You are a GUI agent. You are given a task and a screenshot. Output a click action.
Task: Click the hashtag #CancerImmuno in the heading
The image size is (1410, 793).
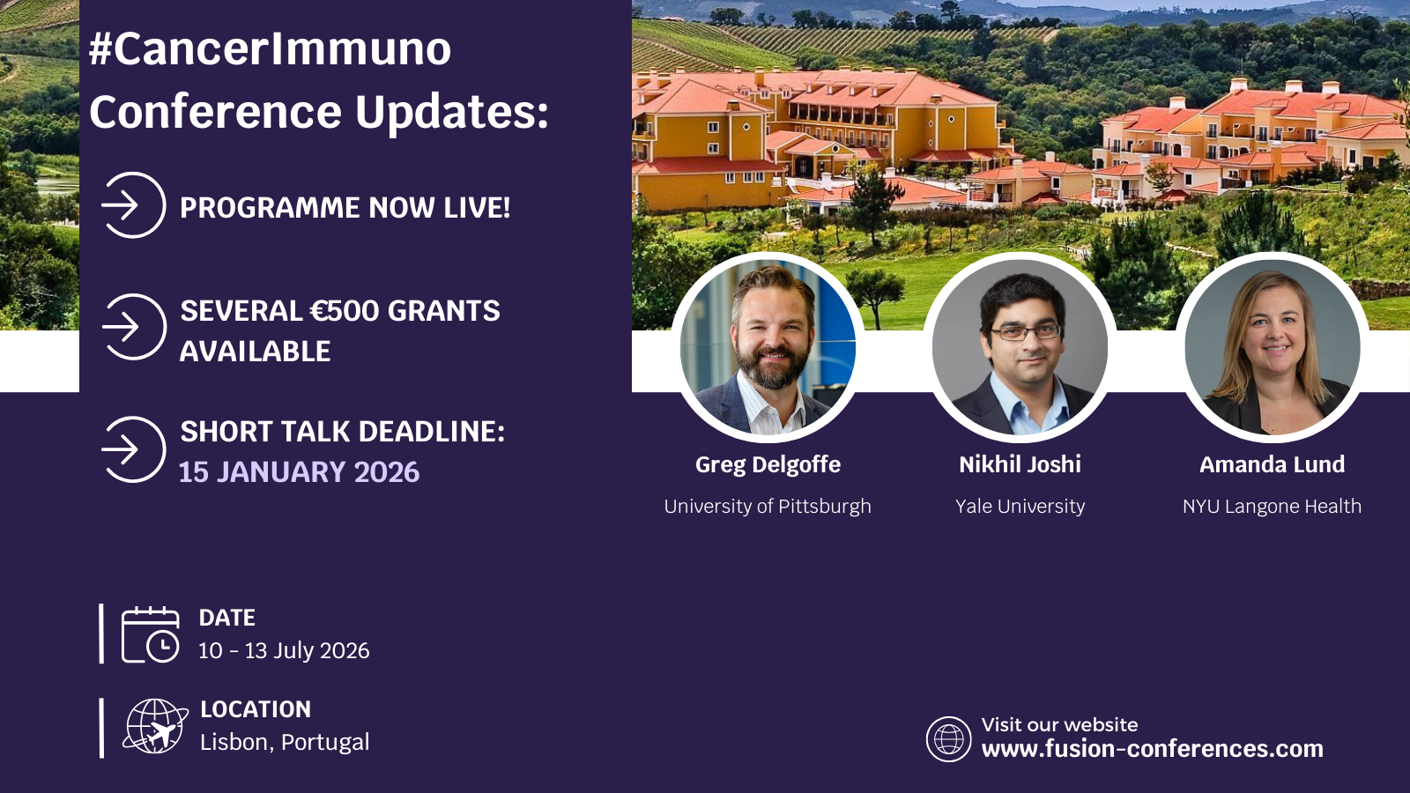pos(270,49)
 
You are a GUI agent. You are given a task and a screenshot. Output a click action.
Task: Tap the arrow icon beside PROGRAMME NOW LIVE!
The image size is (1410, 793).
pos(133,205)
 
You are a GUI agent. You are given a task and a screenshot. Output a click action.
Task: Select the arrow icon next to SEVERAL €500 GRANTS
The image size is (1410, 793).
pos(133,327)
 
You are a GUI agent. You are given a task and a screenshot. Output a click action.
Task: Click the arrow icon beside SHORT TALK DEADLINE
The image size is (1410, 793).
pos(133,449)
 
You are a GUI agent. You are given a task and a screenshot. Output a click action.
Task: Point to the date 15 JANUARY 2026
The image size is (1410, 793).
pos(299,472)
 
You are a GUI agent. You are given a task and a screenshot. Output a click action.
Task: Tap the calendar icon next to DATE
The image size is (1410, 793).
pos(151,634)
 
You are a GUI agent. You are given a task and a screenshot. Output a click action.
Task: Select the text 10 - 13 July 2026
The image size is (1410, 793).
pos(284,651)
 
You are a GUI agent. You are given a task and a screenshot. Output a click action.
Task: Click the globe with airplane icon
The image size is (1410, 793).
pos(155,726)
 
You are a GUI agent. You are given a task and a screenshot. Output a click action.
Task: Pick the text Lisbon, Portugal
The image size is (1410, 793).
pos(285,743)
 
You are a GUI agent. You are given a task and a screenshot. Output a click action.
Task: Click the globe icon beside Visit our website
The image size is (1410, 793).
pos(948,739)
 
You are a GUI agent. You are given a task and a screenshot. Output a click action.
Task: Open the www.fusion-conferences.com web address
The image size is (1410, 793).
pos(1152,749)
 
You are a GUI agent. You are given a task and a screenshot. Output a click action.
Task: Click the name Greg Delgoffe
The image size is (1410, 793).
pos(768,465)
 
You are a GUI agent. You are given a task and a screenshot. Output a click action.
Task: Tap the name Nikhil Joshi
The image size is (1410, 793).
pos(1020,464)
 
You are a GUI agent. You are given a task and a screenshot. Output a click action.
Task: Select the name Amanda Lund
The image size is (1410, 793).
pos(1273,464)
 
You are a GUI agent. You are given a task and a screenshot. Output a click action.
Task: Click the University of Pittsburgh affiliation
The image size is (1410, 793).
pos(768,506)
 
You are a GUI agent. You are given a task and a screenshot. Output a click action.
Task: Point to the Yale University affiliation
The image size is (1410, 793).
pos(1020,506)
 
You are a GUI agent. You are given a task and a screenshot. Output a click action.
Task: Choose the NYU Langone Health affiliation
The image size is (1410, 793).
pos(1272,506)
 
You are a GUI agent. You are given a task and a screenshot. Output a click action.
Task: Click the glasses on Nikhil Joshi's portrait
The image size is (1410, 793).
pos(1026,331)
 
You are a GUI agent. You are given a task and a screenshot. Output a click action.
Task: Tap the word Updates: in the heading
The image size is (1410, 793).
pos(451,112)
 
